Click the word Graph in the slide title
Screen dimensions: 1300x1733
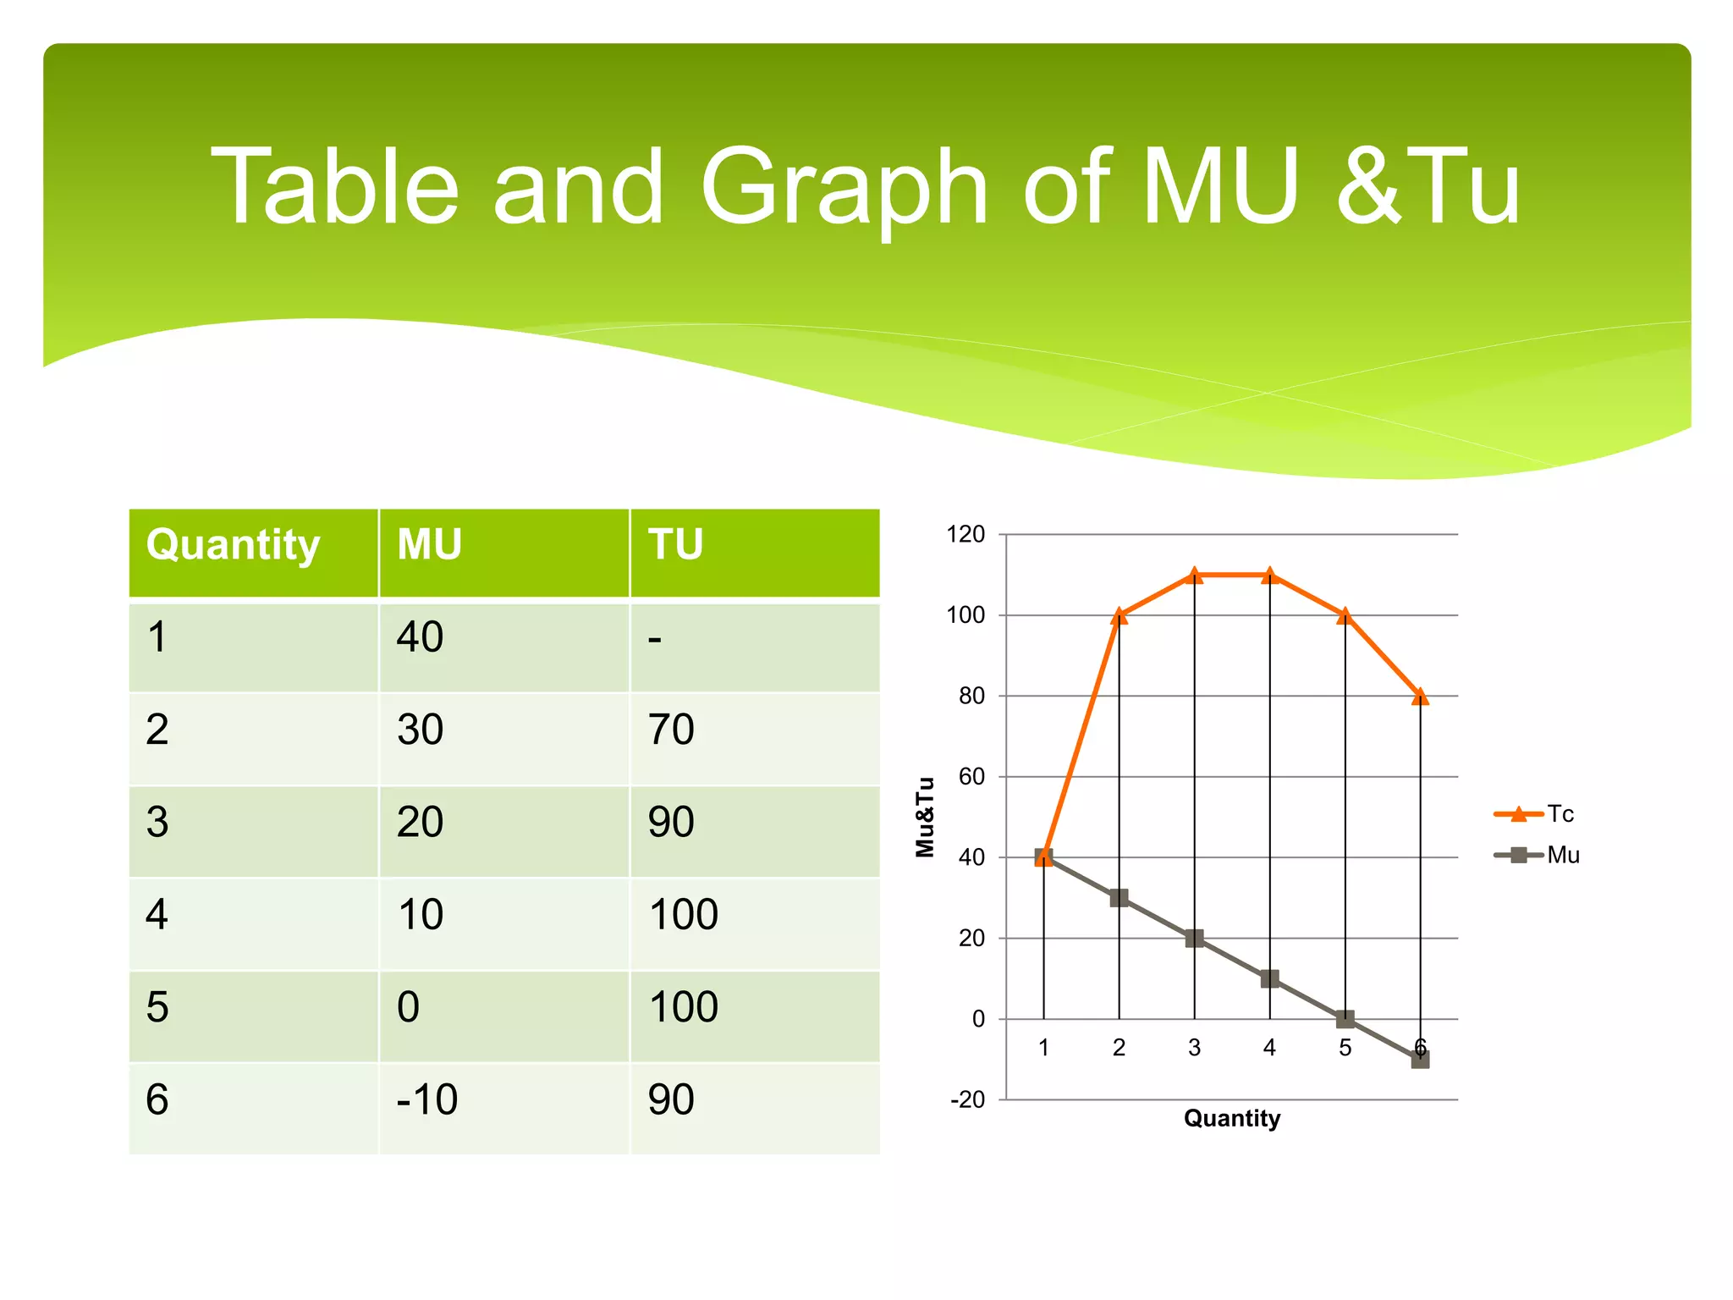pyautogui.click(x=844, y=188)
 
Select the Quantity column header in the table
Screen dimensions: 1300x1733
pyautogui.click(x=234, y=544)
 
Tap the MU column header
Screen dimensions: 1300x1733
pyautogui.click(x=430, y=544)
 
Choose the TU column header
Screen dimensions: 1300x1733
pyautogui.click(x=675, y=544)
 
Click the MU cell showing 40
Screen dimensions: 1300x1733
pyautogui.click(x=421, y=637)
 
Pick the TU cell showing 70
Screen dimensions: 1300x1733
pyautogui.click(x=671, y=730)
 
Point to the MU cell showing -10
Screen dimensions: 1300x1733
pyautogui.click(x=427, y=1099)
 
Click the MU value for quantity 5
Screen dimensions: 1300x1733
pyautogui.click(x=408, y=1007)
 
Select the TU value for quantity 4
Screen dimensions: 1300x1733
pyautogui.click(x=683, y=915)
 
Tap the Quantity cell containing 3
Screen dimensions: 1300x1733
pyautogui.click(x=157, y=823)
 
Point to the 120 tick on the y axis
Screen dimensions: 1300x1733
pyautogui.click(x=966, y=535)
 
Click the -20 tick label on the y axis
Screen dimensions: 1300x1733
pyautogui.click(x=968, y=1100)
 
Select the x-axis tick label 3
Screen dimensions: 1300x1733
pyautogui.click(x=1194, y=1048)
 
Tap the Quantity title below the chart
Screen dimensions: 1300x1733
pyautogui.click(x=1231, y=1119)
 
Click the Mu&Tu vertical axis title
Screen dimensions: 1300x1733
pyautogui.click(x=925, y=817)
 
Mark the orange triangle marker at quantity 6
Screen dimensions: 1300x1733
pyautogui.click(x=1420, y=697)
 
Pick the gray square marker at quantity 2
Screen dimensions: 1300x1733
pyautogui.click(x=1119, y=898)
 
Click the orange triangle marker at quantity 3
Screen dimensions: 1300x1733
pyautogui.click(x=1194, y=576)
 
